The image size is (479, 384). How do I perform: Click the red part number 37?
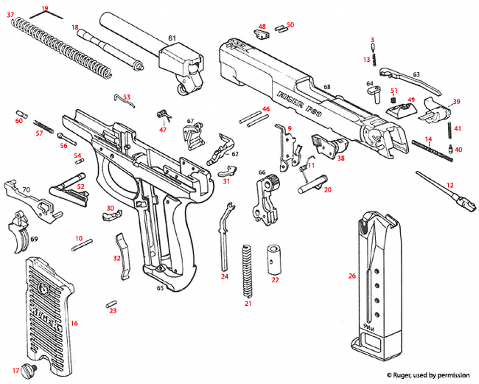coord(10,14)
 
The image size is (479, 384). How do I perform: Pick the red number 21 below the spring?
coord(248,304)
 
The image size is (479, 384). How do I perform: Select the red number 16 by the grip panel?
coord(74,323)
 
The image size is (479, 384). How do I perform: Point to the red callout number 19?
coord(45,8)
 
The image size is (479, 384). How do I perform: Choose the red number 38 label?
coord(340,158)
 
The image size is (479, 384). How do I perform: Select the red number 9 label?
coord(290,129)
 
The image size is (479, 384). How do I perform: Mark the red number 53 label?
coord(127,97)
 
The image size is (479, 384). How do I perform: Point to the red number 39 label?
coord(456,102)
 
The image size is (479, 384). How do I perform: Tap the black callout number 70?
coord(26,189)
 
